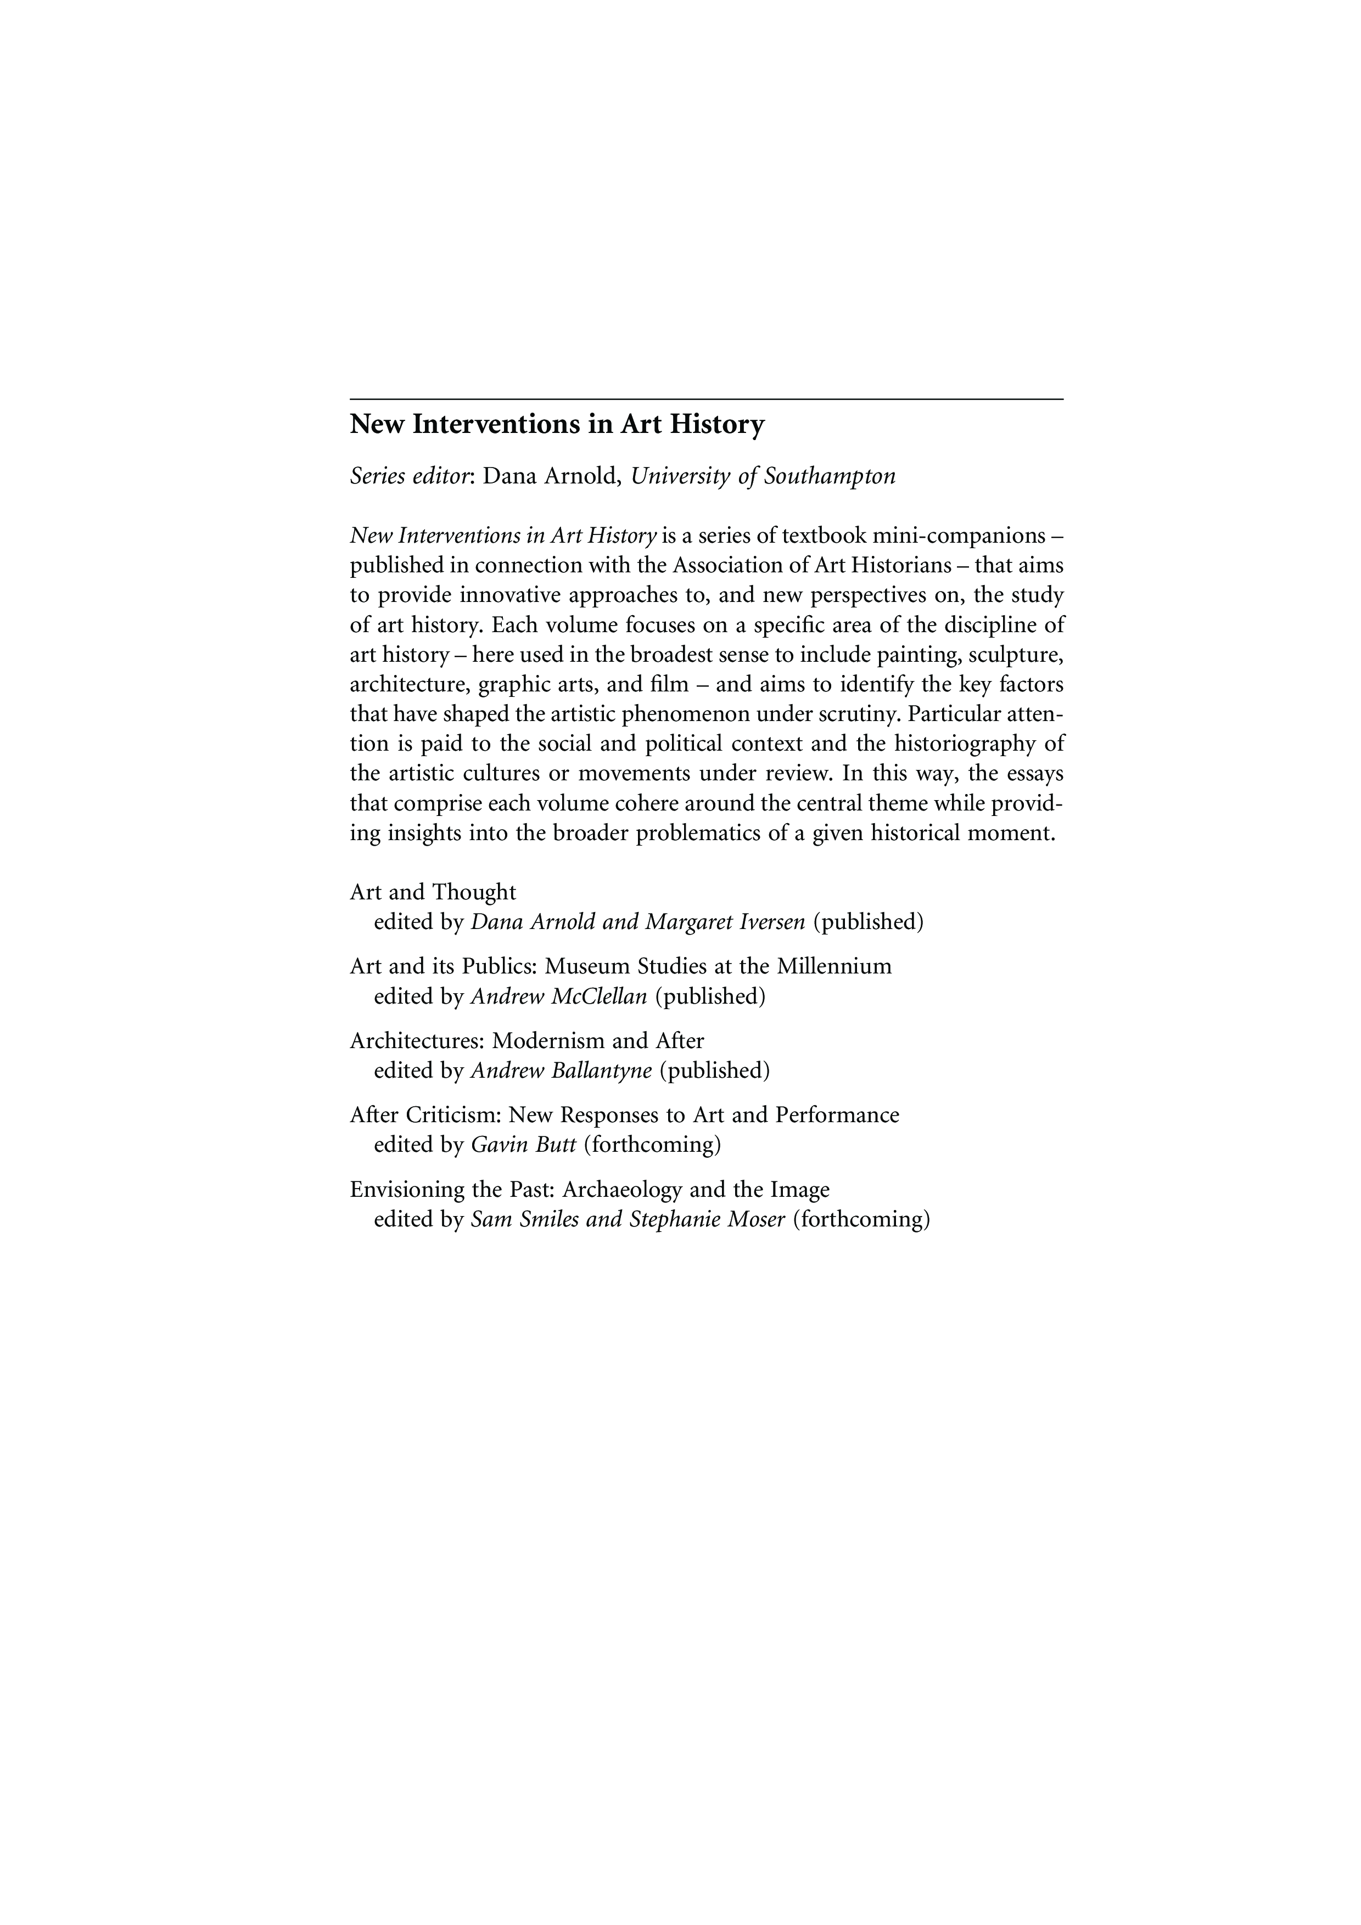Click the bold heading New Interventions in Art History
(x=557, y=425)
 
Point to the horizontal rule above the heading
(x=706, y=399)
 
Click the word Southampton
(x=830, y=476)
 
